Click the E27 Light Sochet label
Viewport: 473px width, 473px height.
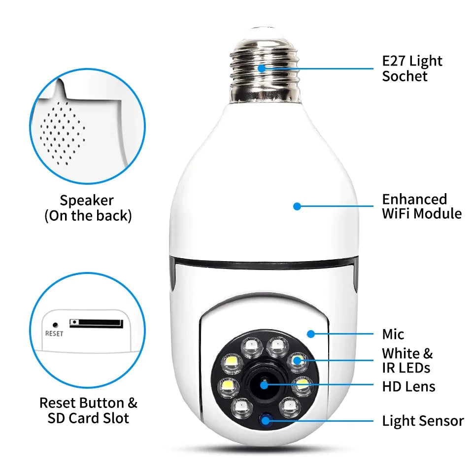coord(412,68)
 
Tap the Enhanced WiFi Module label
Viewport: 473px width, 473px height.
coord(422,206)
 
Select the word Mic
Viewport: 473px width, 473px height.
coord(393,335)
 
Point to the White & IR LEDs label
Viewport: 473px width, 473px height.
coord(407,360)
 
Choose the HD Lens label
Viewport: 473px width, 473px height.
coord(408,386)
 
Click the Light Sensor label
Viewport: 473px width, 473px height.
coord(423,421)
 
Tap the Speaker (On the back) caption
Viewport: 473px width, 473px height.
coord(88,208)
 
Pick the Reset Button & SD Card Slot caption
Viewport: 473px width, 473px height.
coord(88,410)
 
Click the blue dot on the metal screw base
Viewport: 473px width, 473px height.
coord(262,68)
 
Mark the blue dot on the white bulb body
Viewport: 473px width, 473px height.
coord(297,206)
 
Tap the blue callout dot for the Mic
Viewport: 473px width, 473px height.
coord(310,334)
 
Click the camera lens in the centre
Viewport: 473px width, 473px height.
coord(265,385)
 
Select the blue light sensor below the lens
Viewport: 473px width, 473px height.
coord(267,420)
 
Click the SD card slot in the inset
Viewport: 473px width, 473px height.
coord(96,323)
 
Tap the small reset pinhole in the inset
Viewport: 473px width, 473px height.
coord(56,325)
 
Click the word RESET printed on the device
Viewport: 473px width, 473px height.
coord(54,334)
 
